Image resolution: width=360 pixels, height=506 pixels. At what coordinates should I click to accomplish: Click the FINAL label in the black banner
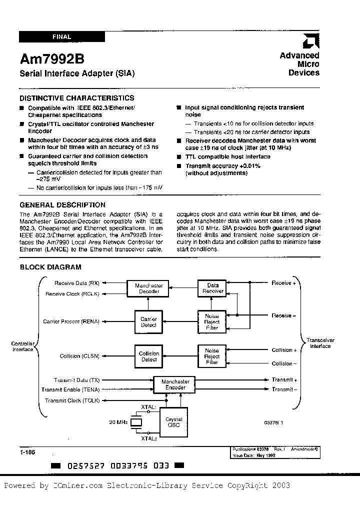click(61, 36)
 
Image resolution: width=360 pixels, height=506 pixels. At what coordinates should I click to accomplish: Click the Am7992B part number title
click(49, 59)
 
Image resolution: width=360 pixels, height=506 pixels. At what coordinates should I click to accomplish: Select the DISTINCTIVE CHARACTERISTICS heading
click(76, 98)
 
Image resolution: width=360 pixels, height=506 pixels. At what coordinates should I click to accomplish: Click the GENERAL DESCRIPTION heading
click(62, 204)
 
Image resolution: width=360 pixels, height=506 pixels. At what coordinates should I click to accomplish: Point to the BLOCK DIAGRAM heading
click(50, 267)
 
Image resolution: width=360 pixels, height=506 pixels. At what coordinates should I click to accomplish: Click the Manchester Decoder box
click(149, 288)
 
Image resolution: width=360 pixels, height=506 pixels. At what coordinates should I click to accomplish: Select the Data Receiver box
click(212, 288)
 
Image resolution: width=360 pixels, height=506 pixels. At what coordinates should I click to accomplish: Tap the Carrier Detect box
click(148, 322)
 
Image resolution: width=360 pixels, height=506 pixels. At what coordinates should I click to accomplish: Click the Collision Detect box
click(148, 356)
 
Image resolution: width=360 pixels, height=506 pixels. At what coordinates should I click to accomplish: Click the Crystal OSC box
click(173, 422)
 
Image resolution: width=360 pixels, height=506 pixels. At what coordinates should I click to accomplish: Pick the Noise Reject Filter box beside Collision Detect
click(212, 356)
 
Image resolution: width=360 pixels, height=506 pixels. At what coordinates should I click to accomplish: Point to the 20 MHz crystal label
click(118, 422)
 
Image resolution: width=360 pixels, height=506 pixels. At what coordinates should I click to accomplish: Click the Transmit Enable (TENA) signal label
click(70, 389)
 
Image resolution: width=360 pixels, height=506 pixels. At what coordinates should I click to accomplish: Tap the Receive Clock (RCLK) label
click(73, 294)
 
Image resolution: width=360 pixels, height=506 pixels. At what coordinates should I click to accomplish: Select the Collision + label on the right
click(284, 350)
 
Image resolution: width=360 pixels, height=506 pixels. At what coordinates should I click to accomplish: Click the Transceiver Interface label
click(320, 343)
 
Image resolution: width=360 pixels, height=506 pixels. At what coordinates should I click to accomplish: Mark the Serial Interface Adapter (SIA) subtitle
click(76, 73)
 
